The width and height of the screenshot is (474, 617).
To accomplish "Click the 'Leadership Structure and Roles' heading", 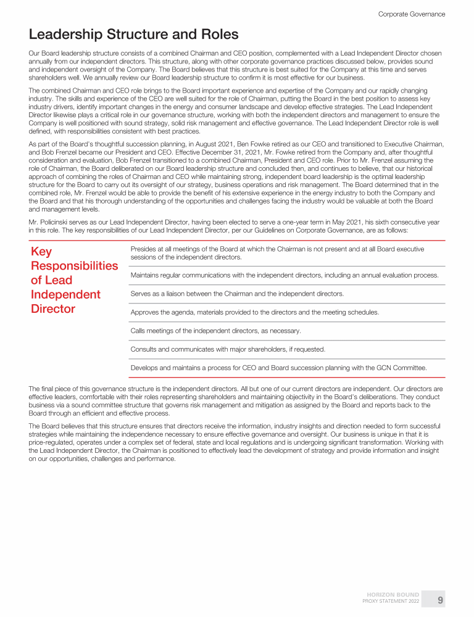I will tap(134, 35).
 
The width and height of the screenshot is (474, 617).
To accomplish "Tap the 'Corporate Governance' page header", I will tap(411, 14).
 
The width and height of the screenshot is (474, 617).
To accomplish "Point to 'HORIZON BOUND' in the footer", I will tap(393, 595).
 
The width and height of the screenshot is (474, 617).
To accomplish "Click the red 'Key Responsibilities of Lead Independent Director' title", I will tap(74, 280).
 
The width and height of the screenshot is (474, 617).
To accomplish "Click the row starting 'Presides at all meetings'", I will tap(277, 253).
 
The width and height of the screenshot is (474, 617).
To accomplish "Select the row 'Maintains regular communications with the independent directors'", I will tap(285, 275).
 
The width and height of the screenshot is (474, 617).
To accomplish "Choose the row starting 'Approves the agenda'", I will tap(254, 312).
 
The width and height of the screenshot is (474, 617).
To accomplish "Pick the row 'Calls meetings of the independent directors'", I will tap(215, 331).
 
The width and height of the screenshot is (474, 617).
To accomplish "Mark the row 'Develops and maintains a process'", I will tap(278, 368).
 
